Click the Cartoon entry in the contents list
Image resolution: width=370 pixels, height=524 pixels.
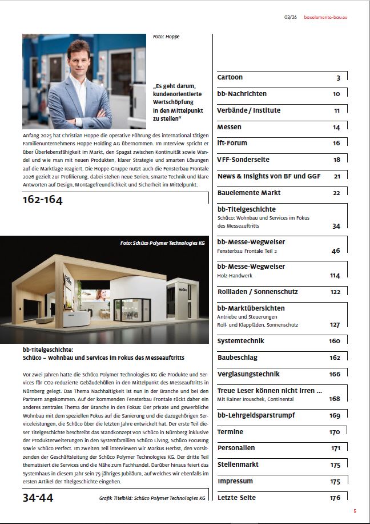click(230, 77)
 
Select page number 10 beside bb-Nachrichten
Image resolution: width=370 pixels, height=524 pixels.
click(336, 94)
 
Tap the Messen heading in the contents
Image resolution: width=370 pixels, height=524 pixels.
click(230, 127)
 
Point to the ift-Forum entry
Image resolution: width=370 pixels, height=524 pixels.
click(232, 143)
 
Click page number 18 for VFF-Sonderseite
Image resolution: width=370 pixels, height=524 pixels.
click(336, 160)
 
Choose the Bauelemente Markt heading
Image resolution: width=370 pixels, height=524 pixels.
click(249, 193)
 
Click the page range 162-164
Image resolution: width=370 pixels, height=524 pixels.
click(43, 200)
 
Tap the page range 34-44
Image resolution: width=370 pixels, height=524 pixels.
click(38, 498)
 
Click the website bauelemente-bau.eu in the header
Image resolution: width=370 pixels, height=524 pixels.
click(325, 18)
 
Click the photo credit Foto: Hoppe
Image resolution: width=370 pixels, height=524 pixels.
click(166, 37)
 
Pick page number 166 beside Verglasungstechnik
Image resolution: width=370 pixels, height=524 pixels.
click(335, 375)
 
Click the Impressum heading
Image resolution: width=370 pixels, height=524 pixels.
click(235, 481)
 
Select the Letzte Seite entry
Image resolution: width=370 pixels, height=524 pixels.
click(236, 498)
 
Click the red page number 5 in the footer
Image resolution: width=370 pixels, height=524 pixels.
click(355, 511)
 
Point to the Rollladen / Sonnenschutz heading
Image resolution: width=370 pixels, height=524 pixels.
click(258, 292)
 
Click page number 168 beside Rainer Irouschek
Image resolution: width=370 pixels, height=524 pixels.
click(335, 399)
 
